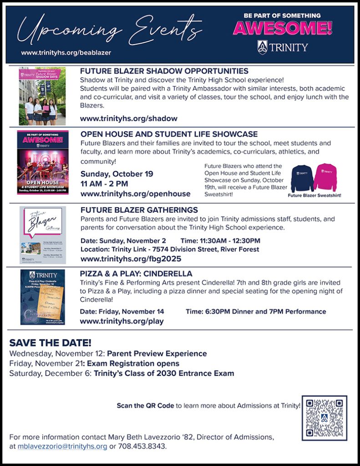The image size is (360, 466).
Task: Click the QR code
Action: point(324,418)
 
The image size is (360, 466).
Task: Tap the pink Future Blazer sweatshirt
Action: point(325,177)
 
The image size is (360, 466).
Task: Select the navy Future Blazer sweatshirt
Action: point(302,178)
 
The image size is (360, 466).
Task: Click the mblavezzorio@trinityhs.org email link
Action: point(62,446)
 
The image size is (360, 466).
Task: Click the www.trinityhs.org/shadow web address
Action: point(128,118)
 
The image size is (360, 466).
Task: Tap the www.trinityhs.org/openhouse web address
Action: point(135,194)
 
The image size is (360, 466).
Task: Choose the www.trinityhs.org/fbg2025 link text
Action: point(131,259)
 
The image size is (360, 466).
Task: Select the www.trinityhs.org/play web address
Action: point(122,321)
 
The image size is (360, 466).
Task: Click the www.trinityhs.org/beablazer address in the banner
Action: point(66,53)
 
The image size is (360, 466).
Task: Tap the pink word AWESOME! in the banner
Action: point(282,28)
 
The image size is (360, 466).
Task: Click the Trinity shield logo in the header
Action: point(262,47)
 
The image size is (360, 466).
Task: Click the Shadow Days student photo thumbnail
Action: point(42,96)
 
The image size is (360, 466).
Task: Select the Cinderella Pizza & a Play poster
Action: point(43,297)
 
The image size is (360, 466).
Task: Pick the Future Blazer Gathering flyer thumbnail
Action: point(43,235)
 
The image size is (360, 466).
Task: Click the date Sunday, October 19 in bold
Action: point(117,174)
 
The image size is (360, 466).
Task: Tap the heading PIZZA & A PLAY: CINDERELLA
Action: point(136,274)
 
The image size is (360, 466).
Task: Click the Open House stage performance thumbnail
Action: point(43,162)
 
